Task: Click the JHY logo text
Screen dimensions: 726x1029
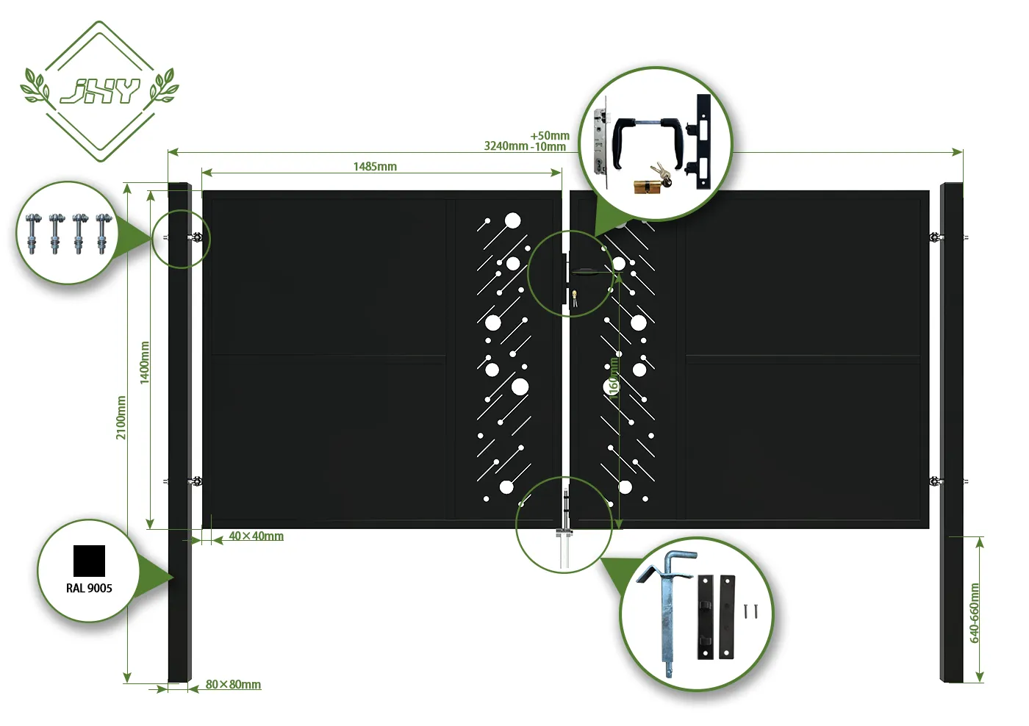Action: click(x=100, y=90)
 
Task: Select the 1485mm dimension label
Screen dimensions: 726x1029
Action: click(x=375, y=167)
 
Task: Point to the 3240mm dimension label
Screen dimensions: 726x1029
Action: click(x=506, y=146)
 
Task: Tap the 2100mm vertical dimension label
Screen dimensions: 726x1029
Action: click(x=121, y=417)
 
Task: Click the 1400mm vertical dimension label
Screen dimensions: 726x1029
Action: click(x=145, y=362)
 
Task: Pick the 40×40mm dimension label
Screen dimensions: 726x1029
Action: click(x=256, y=536)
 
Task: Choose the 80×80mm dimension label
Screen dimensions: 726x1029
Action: click(x=233, y=685)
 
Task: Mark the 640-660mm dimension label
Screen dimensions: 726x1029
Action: click(x=975, y=613)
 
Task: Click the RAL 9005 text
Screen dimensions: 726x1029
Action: click(x=89, y=588)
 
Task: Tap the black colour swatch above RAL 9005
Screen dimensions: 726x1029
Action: click(x=89, y=561)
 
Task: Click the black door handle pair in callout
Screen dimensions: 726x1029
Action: click(x=650, y=140)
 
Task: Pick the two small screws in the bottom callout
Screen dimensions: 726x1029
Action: click(x=750, y=611)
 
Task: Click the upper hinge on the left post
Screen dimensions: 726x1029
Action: click(x=196, y=237)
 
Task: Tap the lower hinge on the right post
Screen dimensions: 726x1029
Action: click(x=935, y=482)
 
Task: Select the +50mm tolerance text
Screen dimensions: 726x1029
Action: click(x=550, y=136)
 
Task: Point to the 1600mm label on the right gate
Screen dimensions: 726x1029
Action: click(x=614, y=375)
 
